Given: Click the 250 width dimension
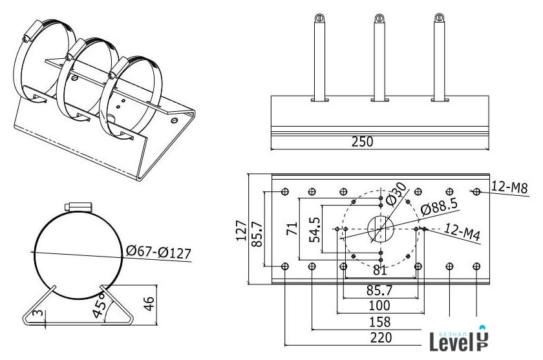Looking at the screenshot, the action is tap(362, 142).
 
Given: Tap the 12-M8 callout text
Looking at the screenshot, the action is tap(509, 187).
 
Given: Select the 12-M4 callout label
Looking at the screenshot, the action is tap(462, 231).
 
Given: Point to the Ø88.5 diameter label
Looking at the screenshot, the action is tap(439, 206).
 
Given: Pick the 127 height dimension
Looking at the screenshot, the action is tap(241, 230).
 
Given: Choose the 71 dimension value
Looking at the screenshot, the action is tap(292, 229).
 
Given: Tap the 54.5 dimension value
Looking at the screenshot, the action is tap(315, 230).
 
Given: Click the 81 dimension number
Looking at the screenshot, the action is tap(380, 270).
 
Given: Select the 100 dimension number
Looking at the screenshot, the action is tap(380, 305).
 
